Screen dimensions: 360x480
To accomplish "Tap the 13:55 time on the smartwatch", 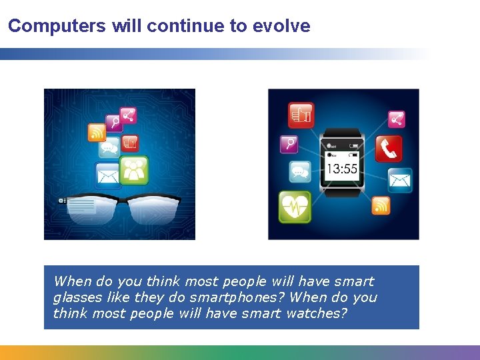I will coord(341,169).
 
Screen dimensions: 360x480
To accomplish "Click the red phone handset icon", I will coord(388,149).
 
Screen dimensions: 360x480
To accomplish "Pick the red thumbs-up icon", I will coord(301,115).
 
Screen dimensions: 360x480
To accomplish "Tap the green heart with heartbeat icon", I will coord(294,207).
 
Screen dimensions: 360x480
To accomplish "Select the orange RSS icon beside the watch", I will coord(381,205).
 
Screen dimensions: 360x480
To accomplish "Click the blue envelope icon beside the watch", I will coord(400,179).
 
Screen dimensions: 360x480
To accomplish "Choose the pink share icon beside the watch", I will coord(397,119).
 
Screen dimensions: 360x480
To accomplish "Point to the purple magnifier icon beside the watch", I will coord(289,143).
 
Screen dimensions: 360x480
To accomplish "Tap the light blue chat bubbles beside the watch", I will coord(300,171).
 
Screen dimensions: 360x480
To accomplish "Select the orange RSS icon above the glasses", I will coord(97,132).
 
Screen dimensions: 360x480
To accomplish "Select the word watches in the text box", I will coord(317,313).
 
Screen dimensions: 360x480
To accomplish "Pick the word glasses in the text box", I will coord(74,297).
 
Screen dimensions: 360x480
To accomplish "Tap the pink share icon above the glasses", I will coord(128,115).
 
